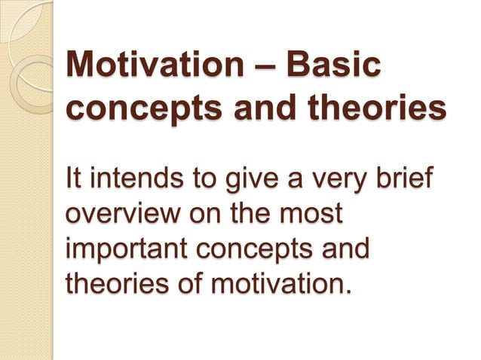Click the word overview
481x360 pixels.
point(125,215)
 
